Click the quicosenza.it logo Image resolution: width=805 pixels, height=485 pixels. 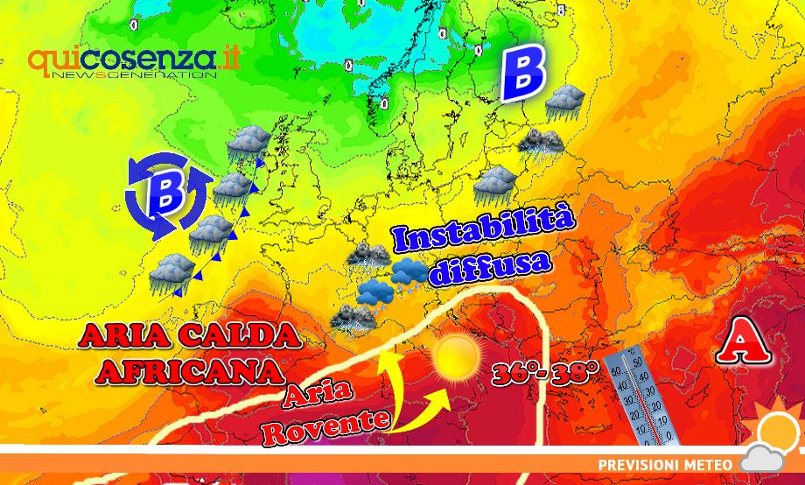click(134, 60)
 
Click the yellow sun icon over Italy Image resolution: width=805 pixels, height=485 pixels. click(455, 355)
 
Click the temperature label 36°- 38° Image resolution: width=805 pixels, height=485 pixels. click(544, 373)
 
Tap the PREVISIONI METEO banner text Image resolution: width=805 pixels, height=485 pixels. click(665, 463)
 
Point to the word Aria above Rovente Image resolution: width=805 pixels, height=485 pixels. click(330, 390)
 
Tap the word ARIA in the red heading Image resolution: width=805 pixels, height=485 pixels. click(122, 335)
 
